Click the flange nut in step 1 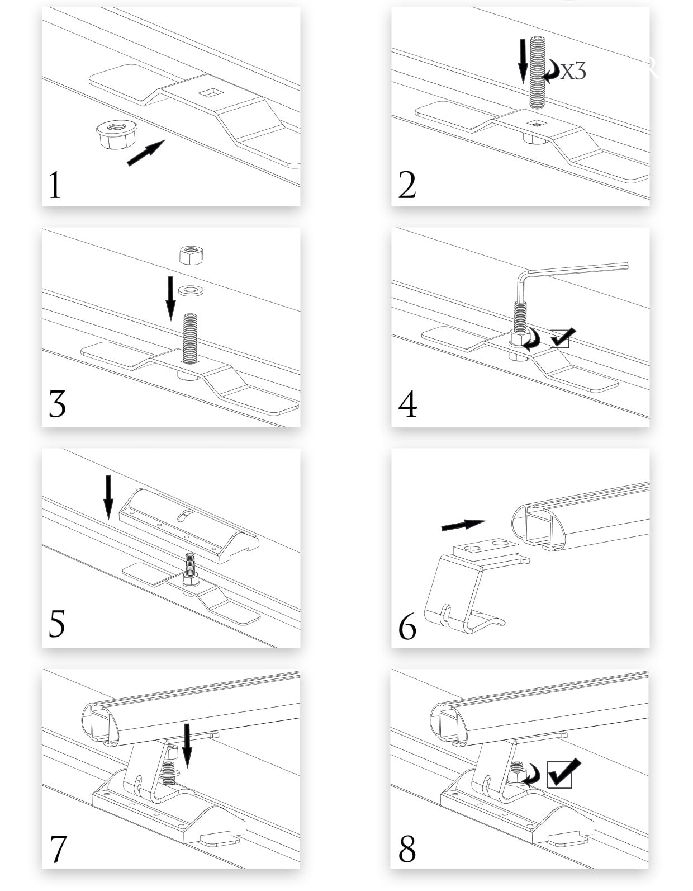pyautogui.click(x=116, y=134)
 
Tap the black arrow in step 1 pyautogui.click(x=146, y=153)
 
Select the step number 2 pyautogui.click(x=407, y=185)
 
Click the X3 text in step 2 pyautogui.click(x=573, y=72)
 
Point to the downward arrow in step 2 pyautogui.click(x=523, y=62)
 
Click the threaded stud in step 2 pyautogui.click(x=538, y=73)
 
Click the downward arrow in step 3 pyautogui.click(x=171, y=299)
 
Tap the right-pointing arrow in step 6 pyautogui.click(x=463, y=525)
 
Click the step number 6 pyautogui.click(x=407, y=627)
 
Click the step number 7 pyautogui.click(x=58, y=848)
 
